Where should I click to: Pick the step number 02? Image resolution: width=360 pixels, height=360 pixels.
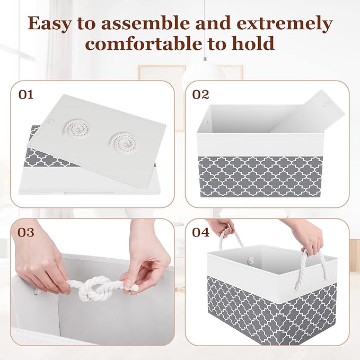point(201,95)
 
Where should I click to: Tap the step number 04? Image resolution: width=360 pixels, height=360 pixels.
point(201,232)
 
